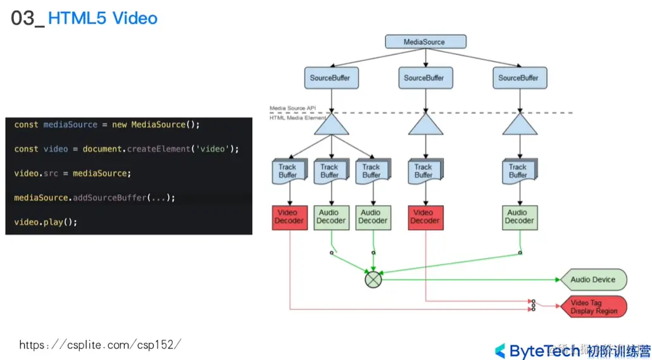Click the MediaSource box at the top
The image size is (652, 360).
point(425,42)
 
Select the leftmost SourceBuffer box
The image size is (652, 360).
point(330,78)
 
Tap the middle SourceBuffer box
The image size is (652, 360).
point(424,78)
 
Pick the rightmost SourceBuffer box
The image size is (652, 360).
point(518,78)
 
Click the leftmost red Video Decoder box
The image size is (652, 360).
point(289,217)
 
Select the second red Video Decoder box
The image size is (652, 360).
point(425,217)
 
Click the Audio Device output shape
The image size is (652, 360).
point(593,280)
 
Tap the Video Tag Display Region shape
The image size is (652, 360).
point(594,307)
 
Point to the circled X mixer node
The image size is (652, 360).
point(373,279)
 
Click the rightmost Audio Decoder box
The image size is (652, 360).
point(520,217)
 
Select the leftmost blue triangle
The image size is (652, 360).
point(331,125)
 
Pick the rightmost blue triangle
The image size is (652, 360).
point(520,125)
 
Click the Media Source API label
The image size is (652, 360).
point(292,108)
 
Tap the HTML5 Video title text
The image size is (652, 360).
point(103,18)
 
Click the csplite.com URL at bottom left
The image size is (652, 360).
point(100,345)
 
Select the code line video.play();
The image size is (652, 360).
point(46,222)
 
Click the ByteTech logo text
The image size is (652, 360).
point(544,351)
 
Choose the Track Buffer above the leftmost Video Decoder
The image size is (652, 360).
point(288,171)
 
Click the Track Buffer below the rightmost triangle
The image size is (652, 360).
point(518,171)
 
